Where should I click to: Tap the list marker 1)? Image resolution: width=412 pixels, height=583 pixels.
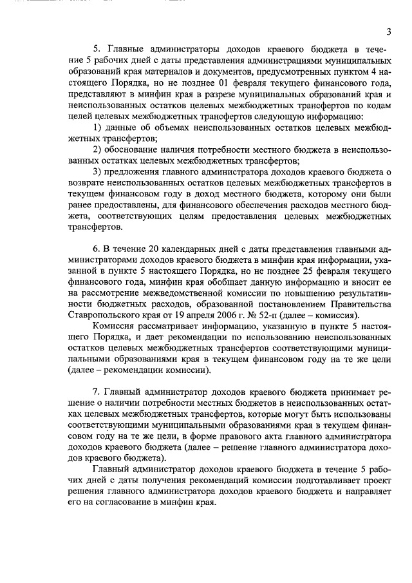(x=97, y=128)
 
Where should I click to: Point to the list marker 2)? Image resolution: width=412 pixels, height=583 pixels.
(x=97, y=149)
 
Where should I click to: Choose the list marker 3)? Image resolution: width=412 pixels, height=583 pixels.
(x=97, y=171)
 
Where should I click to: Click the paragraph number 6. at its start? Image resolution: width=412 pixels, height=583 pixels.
(x=97, y=250)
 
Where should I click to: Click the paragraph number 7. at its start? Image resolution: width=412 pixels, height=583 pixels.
(x=97, y=394)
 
